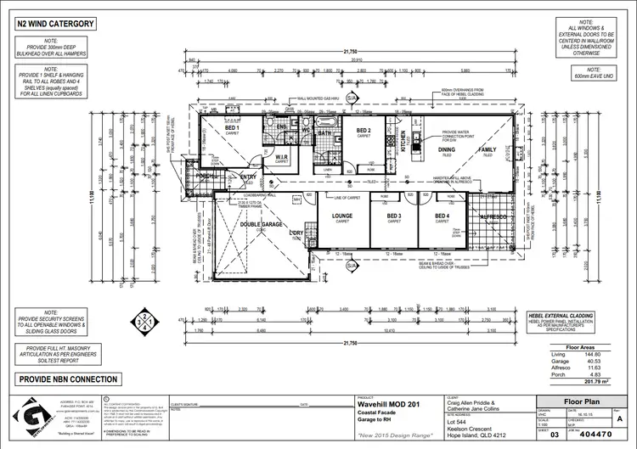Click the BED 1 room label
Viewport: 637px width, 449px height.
click(x=230, y=127)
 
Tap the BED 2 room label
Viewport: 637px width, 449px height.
click(x=364, y=130)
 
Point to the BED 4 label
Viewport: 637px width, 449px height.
click(x=442, y=216)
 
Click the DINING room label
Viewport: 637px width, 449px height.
click(x=447, y=149)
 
